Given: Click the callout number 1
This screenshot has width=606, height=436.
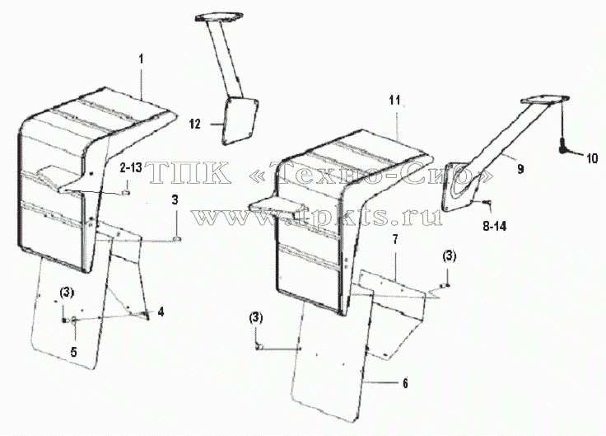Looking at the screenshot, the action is click(x=141, y=59).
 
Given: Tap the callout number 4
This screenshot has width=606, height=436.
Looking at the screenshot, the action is click(x=161, y=312).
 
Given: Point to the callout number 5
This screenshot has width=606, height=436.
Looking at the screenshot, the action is click(x=73, y=352).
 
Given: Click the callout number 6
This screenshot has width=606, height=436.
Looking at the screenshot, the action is click(x=405, y=383).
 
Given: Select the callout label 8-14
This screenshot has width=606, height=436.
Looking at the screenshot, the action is click(x=494, y=227).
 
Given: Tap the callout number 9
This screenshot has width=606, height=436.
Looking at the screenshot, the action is click(x=520, y=169).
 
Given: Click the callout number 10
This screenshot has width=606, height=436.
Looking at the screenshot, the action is click(x=592, y=158).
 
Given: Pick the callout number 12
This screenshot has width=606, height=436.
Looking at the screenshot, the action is click(x=195, y=124).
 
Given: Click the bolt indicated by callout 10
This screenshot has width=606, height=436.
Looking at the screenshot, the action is click(x=562, y=147).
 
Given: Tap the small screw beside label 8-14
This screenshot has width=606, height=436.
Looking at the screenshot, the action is click(x=487, y=201).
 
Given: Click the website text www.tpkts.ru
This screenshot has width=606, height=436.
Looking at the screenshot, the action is click(x=317, y=217).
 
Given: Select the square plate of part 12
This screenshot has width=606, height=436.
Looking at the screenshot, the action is click(x=240, y=120).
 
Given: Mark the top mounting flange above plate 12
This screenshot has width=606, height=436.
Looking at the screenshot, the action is click(x=220, y=18).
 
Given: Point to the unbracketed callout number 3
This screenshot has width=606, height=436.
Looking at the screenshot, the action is click(x=175, y=200).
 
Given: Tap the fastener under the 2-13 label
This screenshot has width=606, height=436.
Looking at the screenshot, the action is click(x=126, y=192).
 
